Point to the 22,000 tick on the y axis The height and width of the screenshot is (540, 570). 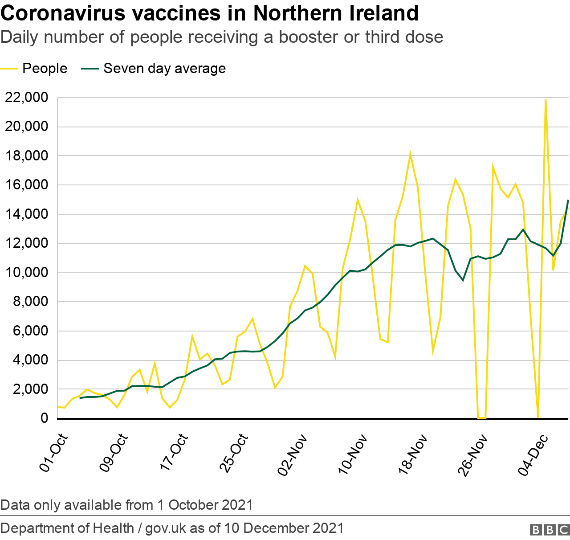pyautogui.click(x=26, y=98)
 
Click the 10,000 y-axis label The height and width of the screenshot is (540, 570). pyautogui.click(x=26, y=273)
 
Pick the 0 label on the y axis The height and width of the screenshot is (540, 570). pyautogui.click(x=44, y=418)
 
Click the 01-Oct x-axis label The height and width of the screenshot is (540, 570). pyautogui.click(x=54, y=453)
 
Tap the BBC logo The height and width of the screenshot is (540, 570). pyautogui.click(x=550, y=530)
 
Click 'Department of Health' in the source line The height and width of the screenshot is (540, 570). pyautogui.click(x=67, y=528)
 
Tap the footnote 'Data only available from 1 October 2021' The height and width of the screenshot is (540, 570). pyautogui.click(x=126, y=505)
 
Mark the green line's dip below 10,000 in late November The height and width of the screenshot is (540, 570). pyautogui.click(x=463, y=280)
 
